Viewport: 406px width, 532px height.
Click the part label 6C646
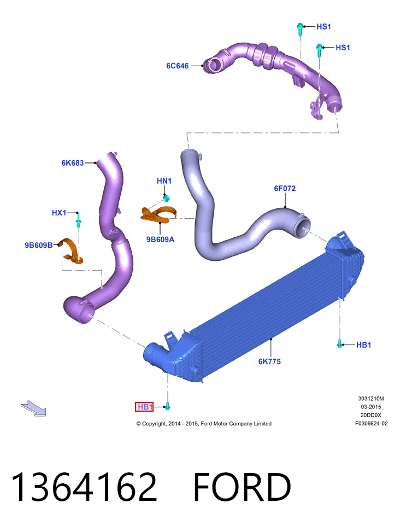pos(177,66)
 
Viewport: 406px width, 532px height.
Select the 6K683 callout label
pos(72,163)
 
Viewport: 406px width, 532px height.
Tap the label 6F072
pos(285,188)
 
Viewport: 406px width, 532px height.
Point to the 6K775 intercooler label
pos(269,361)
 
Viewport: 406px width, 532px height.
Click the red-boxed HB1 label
pos(144,406)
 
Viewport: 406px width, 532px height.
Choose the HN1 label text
pos(164,181)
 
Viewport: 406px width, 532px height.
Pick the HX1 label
pos(59,213)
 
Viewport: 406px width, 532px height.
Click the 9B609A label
pos(160,239)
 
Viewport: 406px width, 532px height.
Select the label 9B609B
pos(39,245)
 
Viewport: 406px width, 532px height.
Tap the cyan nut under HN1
pos(166,198)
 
